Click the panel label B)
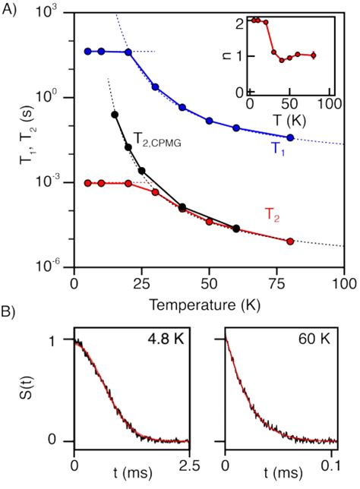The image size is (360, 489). point(10,311)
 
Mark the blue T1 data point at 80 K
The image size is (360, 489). point(291,137)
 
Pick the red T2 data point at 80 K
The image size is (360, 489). point(291,241)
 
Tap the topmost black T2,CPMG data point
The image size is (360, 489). point(115,115)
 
